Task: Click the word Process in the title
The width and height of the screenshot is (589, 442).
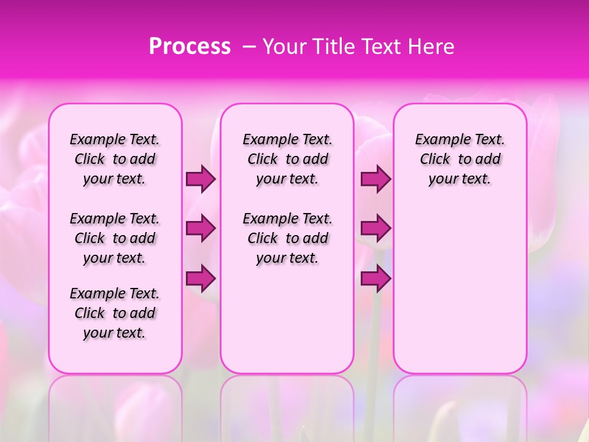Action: click(190, 47)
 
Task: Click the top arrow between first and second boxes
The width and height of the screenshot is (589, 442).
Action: click(201, 179)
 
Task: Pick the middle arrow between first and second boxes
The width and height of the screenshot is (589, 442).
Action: click(201, 229)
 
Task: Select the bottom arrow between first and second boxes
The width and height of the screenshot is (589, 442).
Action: click(201, 279)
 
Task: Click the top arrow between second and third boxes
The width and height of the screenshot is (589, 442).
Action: click(375, 179)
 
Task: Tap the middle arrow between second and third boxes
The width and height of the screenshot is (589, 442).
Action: click(375, 229)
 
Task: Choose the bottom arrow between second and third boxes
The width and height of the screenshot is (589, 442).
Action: click(375, 279)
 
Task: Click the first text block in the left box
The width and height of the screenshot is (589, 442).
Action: click(115, 160)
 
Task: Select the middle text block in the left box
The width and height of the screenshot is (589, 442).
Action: click(115, 238)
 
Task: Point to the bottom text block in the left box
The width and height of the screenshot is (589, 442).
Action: click(115, 313)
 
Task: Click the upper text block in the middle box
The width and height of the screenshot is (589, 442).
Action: click(287, 160)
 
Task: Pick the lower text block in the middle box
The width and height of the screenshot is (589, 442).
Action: click(287, 238)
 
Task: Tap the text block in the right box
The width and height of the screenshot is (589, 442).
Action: click(460, 160)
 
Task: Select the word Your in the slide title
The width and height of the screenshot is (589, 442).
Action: click(285, 47)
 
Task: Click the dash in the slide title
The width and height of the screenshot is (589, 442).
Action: click(249, 47)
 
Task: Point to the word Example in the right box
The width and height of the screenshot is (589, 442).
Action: click(437, 140)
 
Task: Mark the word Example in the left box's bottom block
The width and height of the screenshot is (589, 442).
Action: click(93, 293)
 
